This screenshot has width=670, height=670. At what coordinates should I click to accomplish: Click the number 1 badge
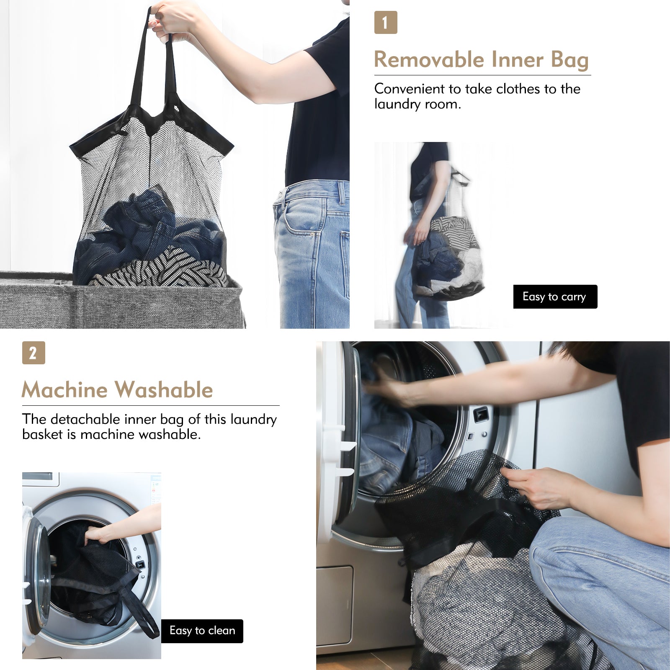(x=385, y=23)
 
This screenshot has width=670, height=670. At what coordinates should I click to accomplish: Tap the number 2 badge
(x=33, y=353)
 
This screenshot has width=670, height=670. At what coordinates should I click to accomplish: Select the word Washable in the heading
(x=164, y=390)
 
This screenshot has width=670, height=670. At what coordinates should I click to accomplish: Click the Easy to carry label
(x=555, y=296)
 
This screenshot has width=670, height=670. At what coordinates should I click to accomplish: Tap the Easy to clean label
(x=202, y=631)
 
